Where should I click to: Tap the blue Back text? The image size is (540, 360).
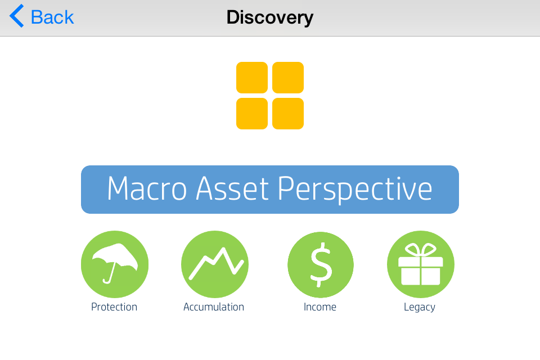(x=52, y=17)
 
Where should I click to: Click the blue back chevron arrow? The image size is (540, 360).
(x=16, y=16)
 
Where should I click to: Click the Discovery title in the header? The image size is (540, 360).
(x=270, y=17)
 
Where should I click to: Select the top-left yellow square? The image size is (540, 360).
(x=252, y=78)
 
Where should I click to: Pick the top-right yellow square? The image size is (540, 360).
(x=288, y=78)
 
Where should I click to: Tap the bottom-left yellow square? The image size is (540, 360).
(x=252, y=114)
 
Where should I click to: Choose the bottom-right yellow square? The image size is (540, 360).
(x=288, y=114)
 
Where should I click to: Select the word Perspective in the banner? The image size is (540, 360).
(x=355, y=189)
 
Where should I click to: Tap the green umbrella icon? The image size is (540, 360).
(x=115, y=264)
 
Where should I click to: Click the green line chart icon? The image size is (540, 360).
(x=215, y=264)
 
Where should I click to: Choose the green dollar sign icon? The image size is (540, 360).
(x=321, y=264)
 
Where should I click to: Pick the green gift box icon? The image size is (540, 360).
(x=421, y=264)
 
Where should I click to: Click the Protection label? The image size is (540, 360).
(x=114, y=307)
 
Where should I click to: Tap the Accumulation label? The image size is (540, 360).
(x=214, y=307)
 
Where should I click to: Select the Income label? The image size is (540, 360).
(x=320, y=307)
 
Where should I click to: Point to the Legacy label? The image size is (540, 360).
(x=420, y=307)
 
